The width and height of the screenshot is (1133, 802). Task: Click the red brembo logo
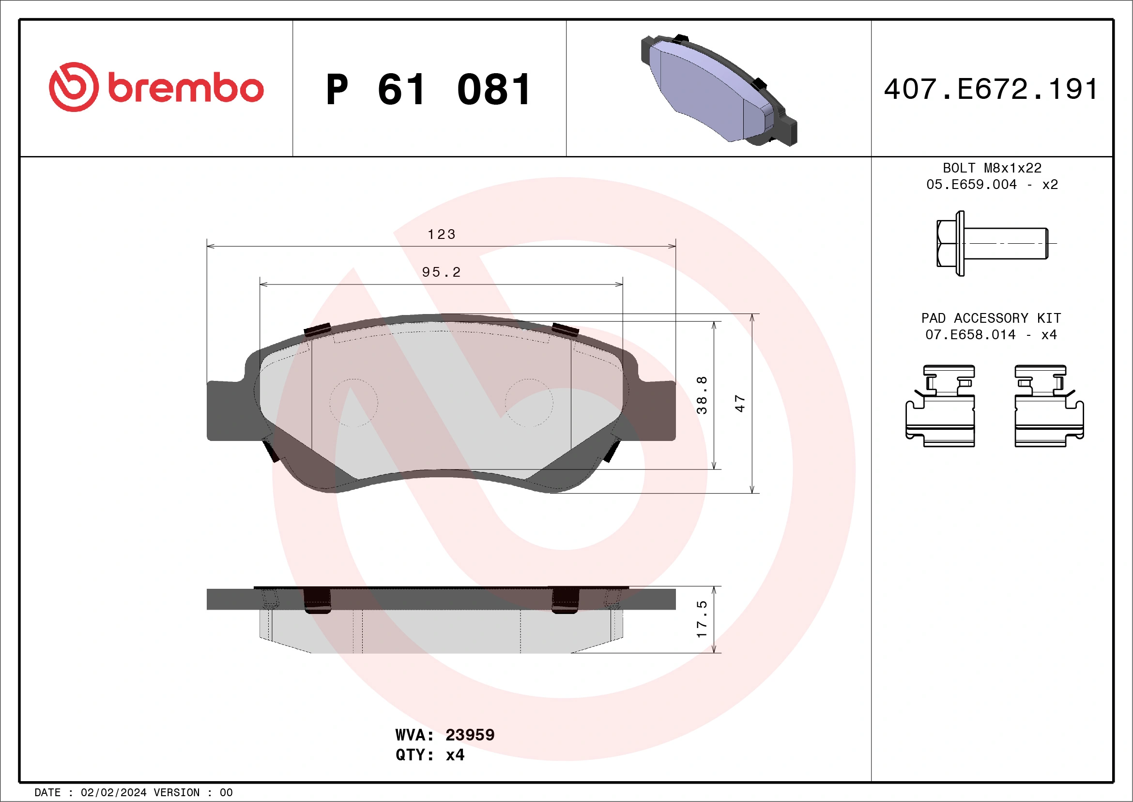pyautogui.click(x=156, y=87)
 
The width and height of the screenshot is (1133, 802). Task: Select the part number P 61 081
pyautogui.click(x=429, y=90)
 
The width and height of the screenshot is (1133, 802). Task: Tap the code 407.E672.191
pyautogui.click(x=991, y=89)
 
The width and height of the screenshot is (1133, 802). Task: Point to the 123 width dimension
pyautogui.click(x=441, y=234)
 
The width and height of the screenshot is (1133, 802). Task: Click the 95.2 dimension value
pyautogui.click(x=441, y=272)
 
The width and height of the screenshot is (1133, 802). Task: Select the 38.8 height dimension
pyautogui.click(x=702, y=395)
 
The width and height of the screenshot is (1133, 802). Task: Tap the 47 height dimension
pyautogui.click(x=740, y=403)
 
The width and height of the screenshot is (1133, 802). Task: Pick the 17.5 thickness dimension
pyautogui.click(x=702, y=619)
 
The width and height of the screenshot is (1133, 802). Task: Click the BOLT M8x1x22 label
pyautogui.click(x=992, y=168)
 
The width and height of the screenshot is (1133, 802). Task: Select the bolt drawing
pyautogui.click(x=992, y=243)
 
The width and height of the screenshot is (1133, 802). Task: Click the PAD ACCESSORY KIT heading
pyautogui.click(x=991, y=318)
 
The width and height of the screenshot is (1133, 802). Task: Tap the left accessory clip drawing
pyautogui.click(x=941, y=406)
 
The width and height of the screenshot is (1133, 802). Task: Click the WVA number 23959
pyautogui.click(x=469, y=735)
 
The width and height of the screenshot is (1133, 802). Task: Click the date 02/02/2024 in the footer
pyautogui.click(x=113, y=793)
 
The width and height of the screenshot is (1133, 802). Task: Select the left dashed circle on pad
pyautogui.click(x=353, y=403)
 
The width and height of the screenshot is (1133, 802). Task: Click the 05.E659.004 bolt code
pyautogui.click(x=971, y=185)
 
